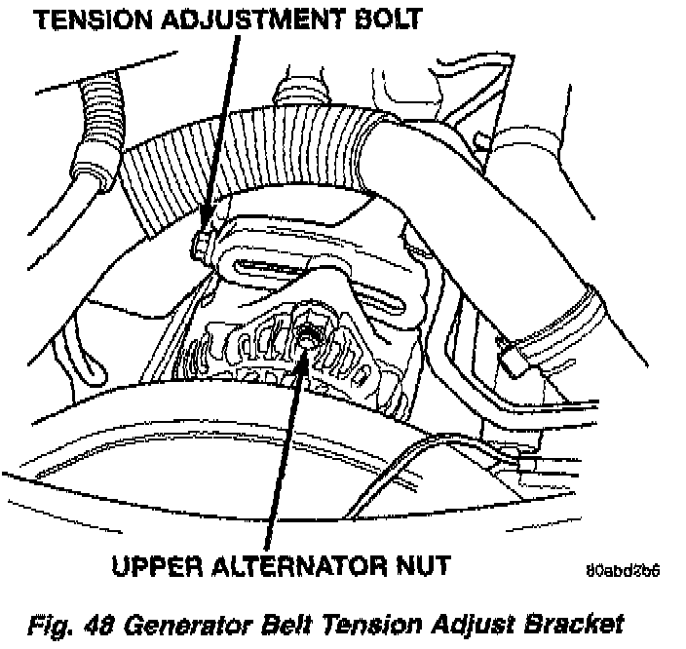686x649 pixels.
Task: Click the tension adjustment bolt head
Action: tap(202, 244)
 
